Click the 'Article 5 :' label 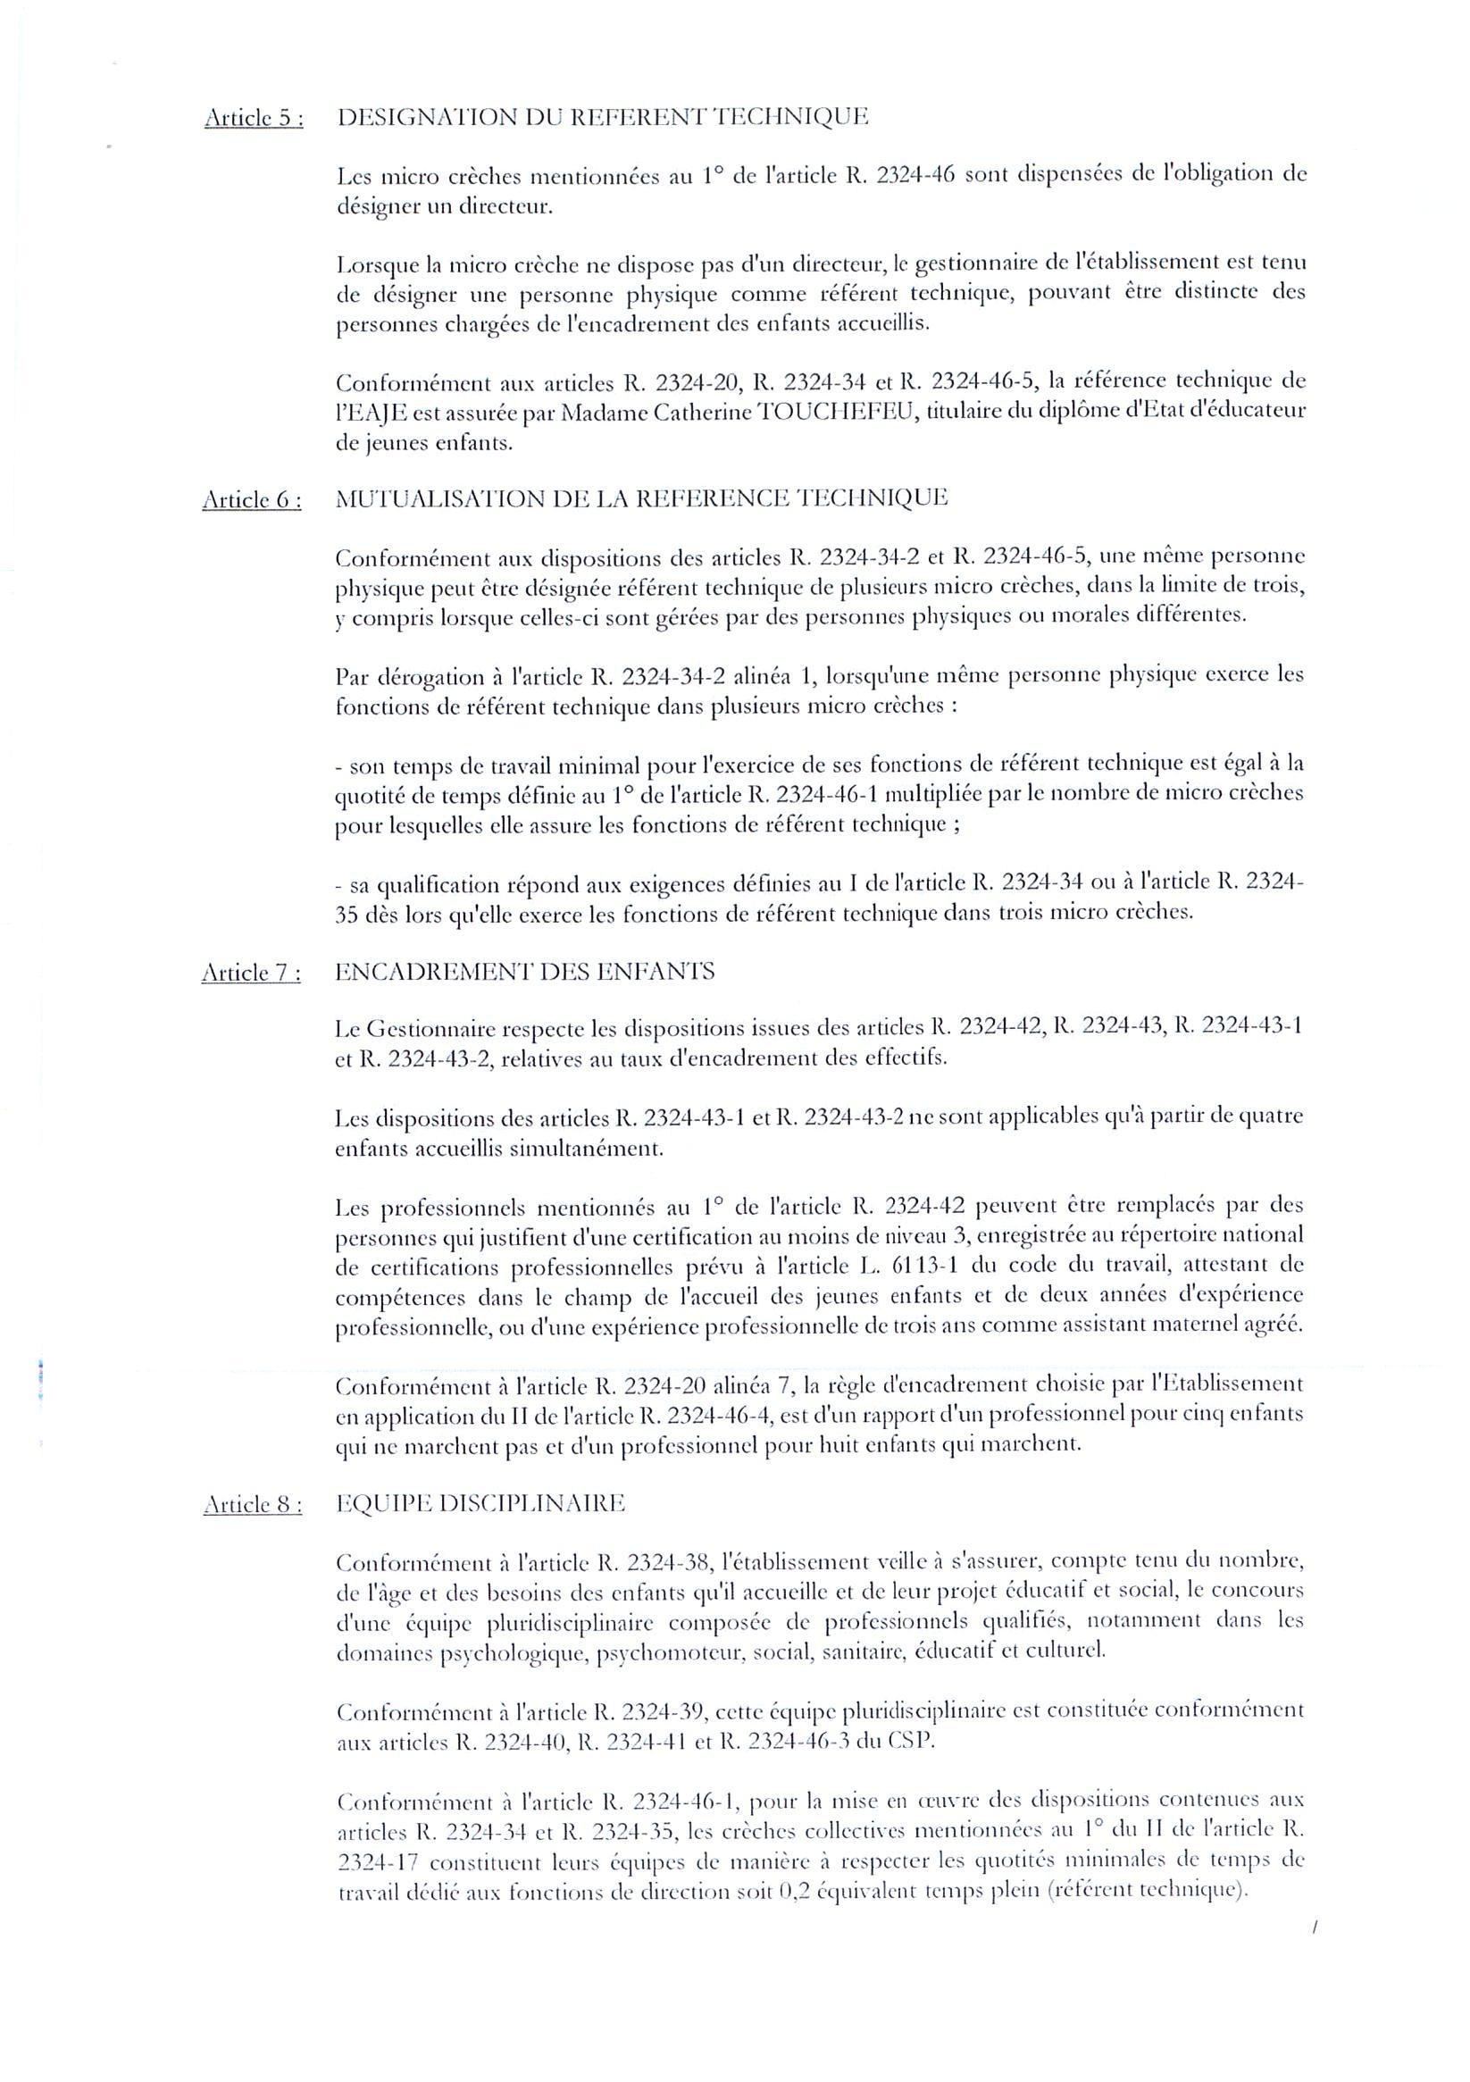[x=254, y=119]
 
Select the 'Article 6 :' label [x=252, y=499]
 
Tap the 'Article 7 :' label [x=251, y=973]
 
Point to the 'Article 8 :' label [x=252, y=1504]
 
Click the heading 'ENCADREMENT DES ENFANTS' [x=524, y=972]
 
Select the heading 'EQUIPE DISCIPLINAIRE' [x=480, y=1503]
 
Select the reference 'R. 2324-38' [x=656, y=1562]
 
